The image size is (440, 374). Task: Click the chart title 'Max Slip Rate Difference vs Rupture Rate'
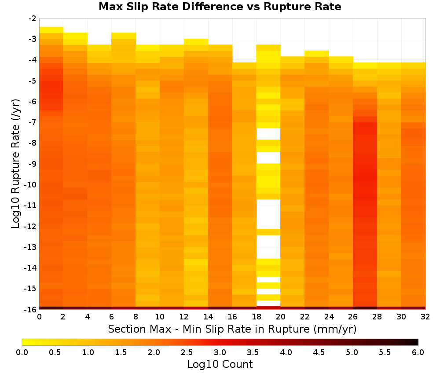220,7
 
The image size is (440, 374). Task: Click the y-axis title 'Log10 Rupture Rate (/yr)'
16,164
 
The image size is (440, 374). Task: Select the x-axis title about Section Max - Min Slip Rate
232,329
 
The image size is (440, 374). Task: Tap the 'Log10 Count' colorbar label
220,364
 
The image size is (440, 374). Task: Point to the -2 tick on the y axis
33,18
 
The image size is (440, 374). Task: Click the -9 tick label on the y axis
33,164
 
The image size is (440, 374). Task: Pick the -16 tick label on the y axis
31,309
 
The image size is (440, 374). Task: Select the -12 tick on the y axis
31,226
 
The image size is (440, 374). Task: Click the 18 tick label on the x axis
257,317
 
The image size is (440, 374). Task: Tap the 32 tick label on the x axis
425,317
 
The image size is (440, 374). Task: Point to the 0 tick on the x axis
39,317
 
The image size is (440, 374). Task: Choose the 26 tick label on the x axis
353,317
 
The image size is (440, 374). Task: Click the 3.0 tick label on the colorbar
220,352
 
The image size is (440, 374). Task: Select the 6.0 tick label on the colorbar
418,352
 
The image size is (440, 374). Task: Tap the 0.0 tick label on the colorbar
22,352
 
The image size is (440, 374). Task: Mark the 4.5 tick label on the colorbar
319,352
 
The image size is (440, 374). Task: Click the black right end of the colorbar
416,342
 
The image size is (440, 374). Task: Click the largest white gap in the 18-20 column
268,214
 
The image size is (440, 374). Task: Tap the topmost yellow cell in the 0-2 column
51,30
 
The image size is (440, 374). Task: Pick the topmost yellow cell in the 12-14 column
196,41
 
